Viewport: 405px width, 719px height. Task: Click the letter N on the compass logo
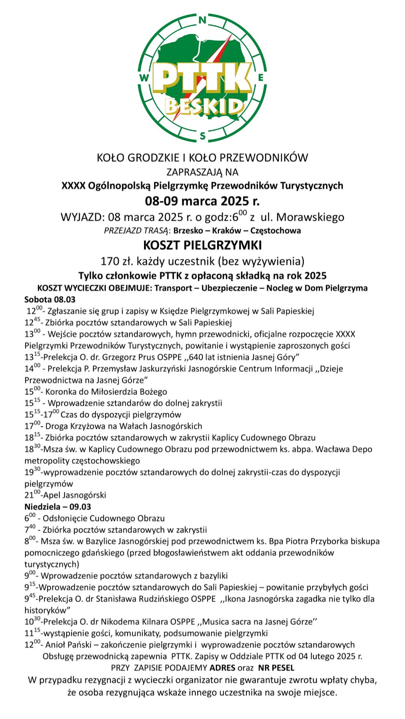[x=202, y=20]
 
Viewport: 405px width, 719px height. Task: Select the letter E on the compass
[x=261, y=78]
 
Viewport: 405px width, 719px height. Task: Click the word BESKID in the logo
[x=204, y=107]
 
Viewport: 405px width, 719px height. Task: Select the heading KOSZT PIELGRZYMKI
[x=202, y=245]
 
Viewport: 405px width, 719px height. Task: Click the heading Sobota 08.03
[x=50, y=300]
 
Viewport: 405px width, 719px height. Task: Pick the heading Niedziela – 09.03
[x=58, y=507]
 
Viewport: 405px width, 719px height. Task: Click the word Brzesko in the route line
[x=187, y=230]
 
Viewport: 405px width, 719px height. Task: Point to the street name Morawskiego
[x=310, y=217]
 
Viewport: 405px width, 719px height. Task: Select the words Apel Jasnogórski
[x=75, y=495]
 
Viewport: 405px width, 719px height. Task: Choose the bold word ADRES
[x=222, y=668]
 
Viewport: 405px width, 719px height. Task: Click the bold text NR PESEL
[x=276, y=668]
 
